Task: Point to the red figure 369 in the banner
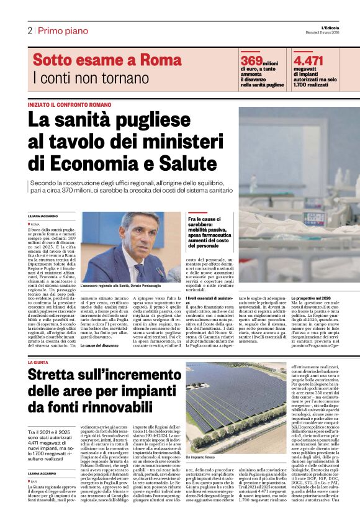[x=251, y=60]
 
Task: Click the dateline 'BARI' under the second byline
[x=35, y=463]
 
